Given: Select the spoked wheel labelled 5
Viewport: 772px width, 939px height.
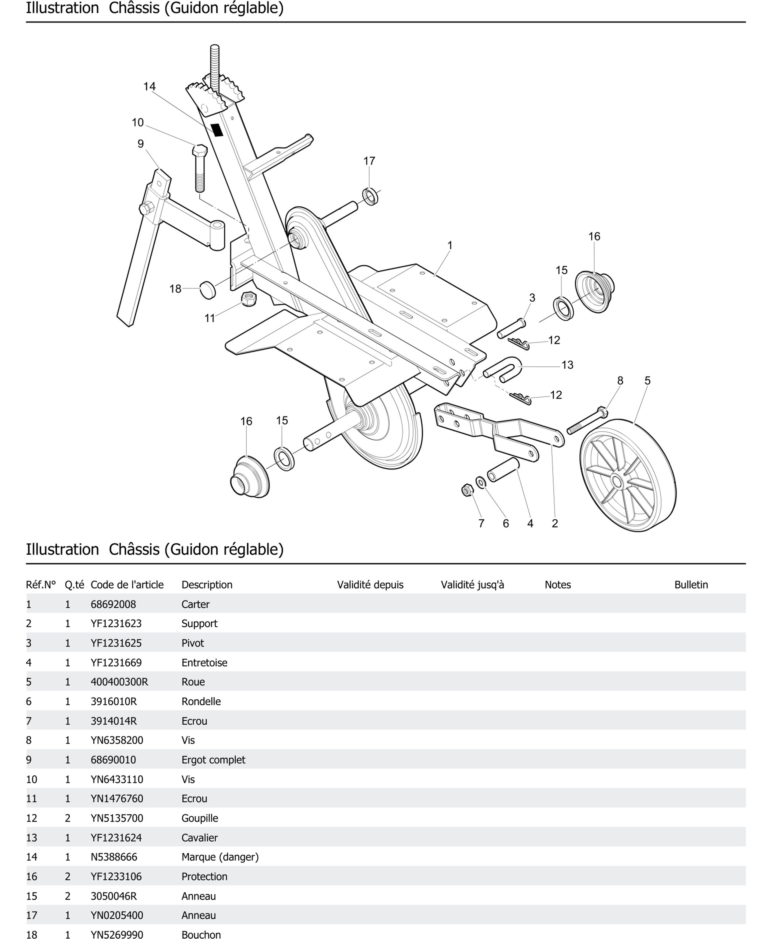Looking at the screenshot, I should (x=627, y=475).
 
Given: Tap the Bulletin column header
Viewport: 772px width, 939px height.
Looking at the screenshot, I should (x=691, y=585).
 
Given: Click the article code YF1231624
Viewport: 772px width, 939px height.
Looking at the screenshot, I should (x=116, y=838).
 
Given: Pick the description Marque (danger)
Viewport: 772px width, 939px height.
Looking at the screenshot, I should (x=220, y=857).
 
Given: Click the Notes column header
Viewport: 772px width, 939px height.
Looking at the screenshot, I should (x=558, y=585).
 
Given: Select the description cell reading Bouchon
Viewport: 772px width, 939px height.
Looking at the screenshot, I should (x=201, y=935).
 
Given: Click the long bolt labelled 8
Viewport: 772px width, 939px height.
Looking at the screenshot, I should (x=587, y=421).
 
